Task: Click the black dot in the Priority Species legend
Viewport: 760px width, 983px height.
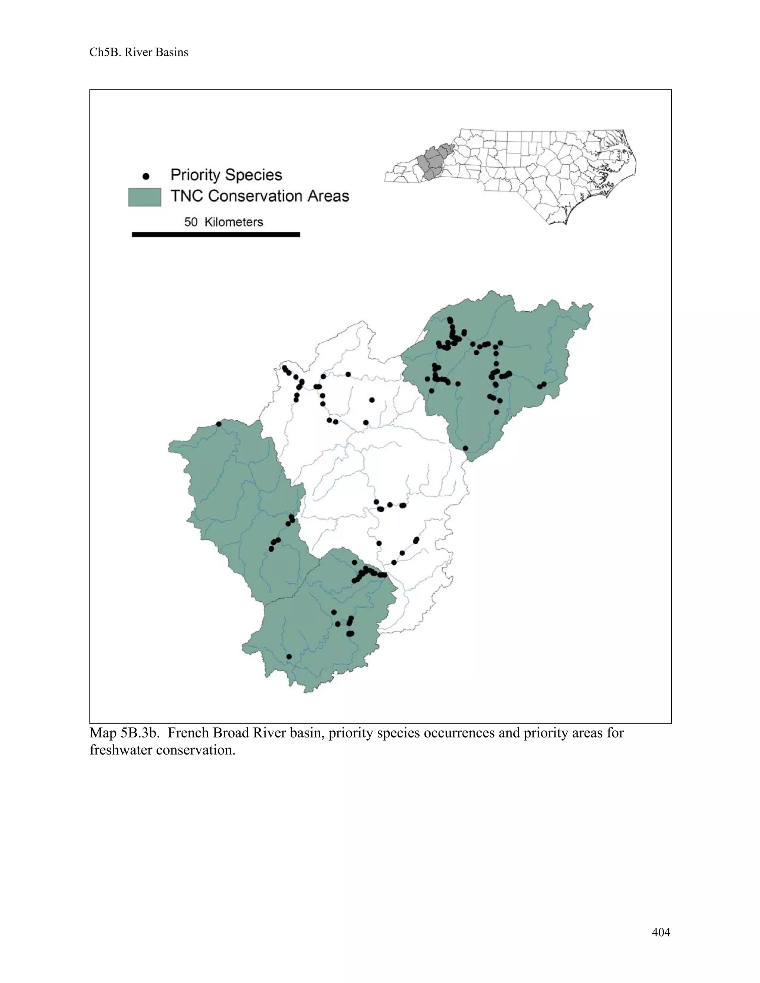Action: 146,176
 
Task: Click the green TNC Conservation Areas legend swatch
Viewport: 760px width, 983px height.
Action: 144,197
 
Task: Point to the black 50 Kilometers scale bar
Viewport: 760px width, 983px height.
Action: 216,234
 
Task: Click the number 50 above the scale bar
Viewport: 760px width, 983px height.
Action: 191,222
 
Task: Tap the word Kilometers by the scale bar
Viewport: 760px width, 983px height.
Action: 234,222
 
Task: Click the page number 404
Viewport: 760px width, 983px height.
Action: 661,932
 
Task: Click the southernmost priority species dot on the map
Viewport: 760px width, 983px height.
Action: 289,657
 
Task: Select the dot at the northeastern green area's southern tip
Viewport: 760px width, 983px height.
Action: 466,448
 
